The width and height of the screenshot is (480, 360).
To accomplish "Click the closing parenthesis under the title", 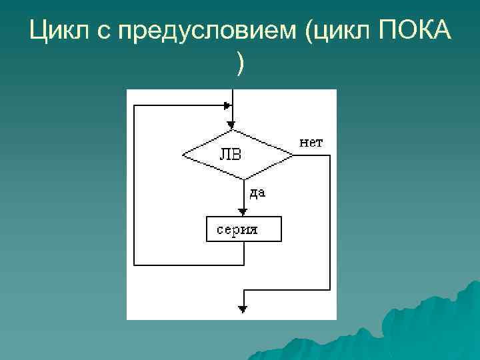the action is (x=240, y=65).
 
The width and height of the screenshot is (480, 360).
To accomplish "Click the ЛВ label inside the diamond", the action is (x=231, y=155).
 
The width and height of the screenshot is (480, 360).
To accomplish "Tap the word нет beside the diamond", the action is (x=311, y=142).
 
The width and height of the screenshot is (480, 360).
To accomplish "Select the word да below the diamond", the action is (x=257, y=193).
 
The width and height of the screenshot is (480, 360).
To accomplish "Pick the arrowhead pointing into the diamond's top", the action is (x=231, y=125).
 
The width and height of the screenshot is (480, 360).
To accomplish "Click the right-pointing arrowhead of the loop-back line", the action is (x=227, y=105).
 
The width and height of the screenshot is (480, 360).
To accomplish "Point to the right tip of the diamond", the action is (x=293, y=155).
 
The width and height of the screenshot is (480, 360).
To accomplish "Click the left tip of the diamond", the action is (x=183, y=155).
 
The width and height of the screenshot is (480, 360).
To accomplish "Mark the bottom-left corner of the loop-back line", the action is (x=135, y=264).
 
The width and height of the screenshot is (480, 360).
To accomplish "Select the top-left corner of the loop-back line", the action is (x=135, y=105).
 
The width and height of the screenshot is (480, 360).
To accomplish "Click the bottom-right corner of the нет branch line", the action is (x=329, y=290).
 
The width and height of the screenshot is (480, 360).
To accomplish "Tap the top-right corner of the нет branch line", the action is (x=329, y=155).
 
